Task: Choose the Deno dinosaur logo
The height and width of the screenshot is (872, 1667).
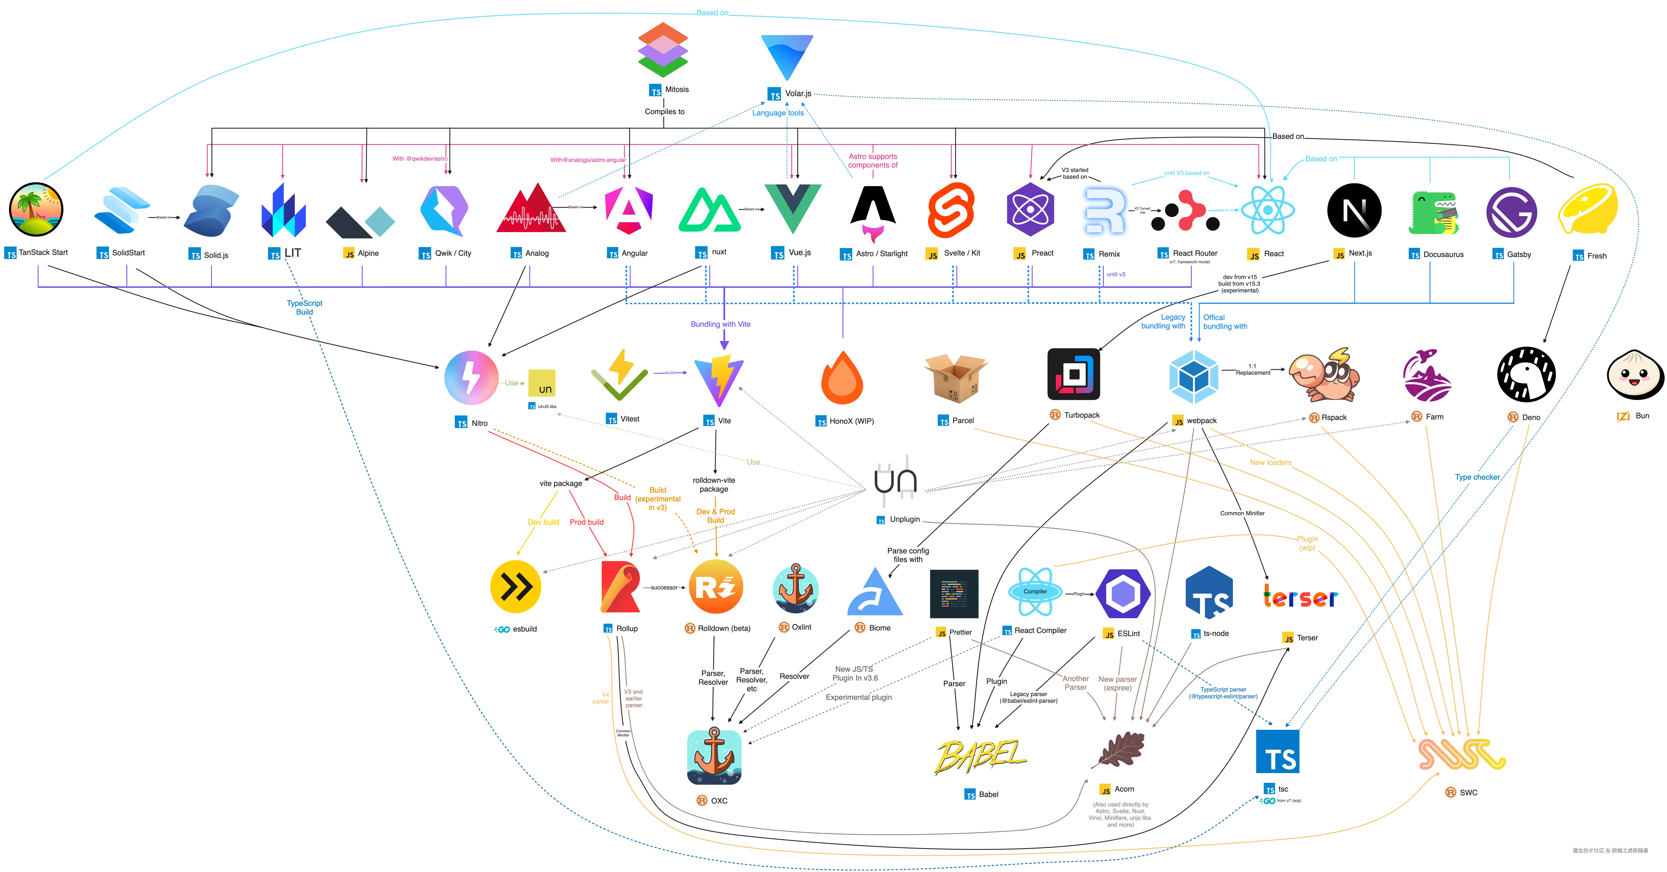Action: pos(1526,374)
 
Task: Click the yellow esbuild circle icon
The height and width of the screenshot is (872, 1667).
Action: pos(516,587)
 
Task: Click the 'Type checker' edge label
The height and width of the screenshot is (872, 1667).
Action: pos(1477,477)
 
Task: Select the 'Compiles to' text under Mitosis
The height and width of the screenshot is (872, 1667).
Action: pos(664,111)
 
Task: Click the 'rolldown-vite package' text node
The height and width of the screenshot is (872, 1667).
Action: pos(714,484)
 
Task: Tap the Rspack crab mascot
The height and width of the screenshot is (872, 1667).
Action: pos(1323,376)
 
